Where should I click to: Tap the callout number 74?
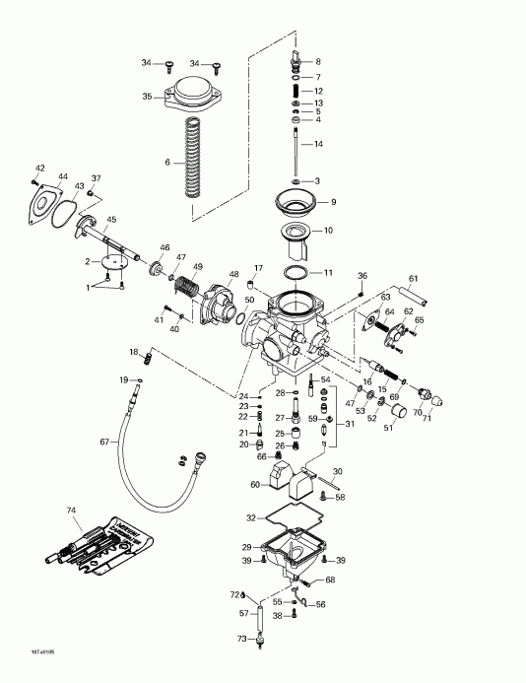pyautogui.click(x=70, y=511)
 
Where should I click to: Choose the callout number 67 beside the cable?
pyautogui.click(x=104, y=443)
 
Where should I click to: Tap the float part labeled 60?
pyautogui.click(x=281, y=480)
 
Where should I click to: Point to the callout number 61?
pyautogui.click(x=414, y=278)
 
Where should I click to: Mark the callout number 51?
pyautogui.click(x=387, y=428)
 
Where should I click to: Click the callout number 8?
pyautogui.click(x=317, y=61)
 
